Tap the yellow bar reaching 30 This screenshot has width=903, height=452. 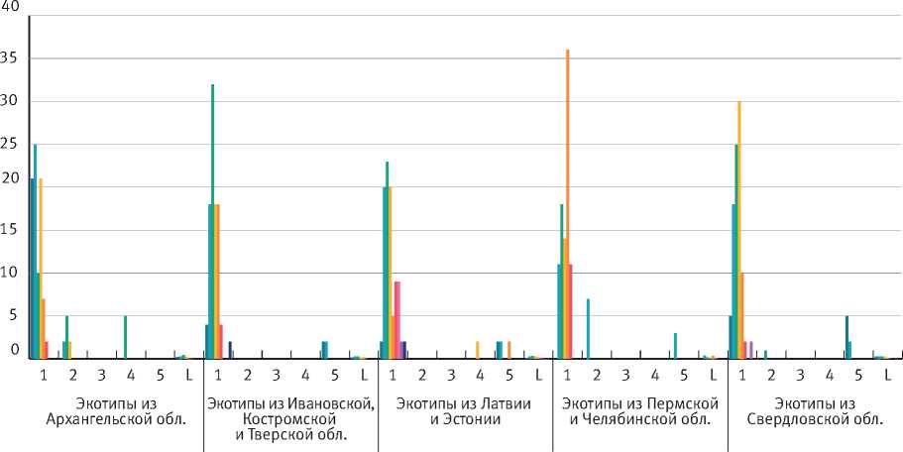coord(739,229)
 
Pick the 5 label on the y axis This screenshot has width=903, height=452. coord(14,316)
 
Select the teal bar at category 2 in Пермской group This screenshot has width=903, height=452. coord(588,328)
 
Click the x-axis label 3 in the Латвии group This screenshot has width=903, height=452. coord(451,375)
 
